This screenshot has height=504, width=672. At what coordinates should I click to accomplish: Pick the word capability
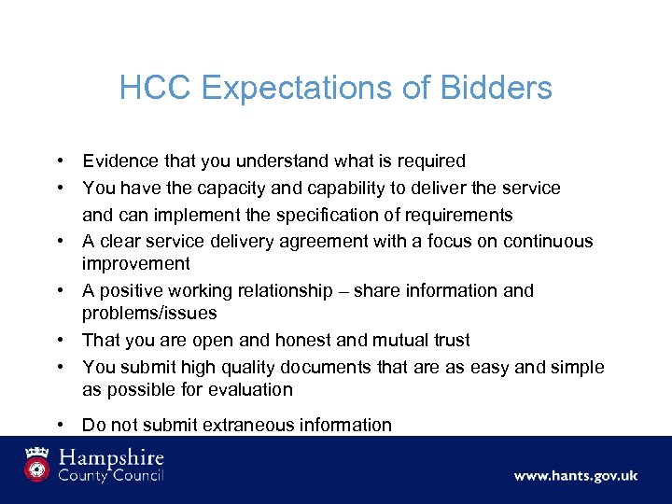click(358, 189)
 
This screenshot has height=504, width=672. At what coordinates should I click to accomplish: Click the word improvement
click(136, 264)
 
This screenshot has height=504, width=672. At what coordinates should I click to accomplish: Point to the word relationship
click(307, 291)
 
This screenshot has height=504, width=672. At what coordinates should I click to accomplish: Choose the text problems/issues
click(149, 314)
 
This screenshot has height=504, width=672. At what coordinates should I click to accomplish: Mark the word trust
click(447, 341)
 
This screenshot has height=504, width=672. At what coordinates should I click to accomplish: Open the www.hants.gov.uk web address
click(575, 476)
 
